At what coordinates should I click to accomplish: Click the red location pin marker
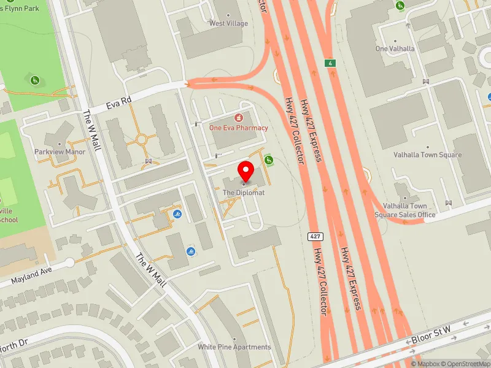(x=245, y=171)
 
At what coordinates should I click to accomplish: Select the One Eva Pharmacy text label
(x=239, y=128)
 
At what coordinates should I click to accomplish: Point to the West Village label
(x=228, y=23)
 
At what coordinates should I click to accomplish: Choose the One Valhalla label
(x=395, y=48)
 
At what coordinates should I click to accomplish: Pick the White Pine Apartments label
(x=234, y=347)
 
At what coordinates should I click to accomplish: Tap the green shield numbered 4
(x=331, y=63)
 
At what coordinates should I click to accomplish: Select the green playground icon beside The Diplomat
(x=268, y=161)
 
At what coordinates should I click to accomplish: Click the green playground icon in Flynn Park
(x=35, y=80)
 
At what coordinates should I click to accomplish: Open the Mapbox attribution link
(x=425, y=364)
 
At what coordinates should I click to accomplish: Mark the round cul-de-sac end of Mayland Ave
(x=69, y=263)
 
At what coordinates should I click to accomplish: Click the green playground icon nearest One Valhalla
(x=400, y=6)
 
